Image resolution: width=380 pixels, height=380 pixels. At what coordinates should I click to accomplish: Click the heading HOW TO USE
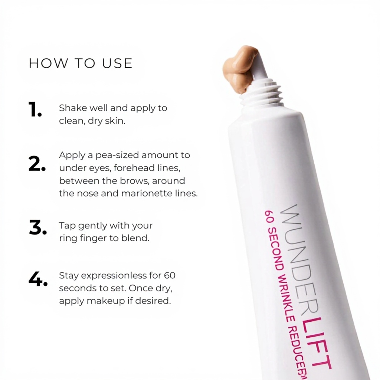81,63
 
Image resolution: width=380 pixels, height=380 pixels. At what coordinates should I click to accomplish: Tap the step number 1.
35,109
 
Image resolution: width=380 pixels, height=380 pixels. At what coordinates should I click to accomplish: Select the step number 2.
37,164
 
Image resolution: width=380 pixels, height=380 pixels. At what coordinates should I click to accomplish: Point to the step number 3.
37,227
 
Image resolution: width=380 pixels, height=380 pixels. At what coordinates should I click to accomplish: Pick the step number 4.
38,279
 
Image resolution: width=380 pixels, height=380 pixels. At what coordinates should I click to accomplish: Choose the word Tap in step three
68,226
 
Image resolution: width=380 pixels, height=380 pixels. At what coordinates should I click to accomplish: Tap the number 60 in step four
169,276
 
